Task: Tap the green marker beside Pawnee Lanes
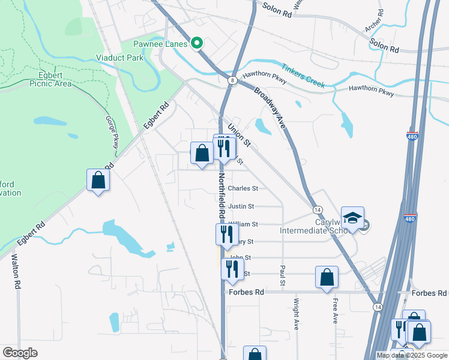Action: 196,43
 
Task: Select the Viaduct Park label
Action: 119,58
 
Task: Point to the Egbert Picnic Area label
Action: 50,80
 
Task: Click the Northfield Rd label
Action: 221,195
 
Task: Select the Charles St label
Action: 243,188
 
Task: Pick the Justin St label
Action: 241,206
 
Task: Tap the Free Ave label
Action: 336,314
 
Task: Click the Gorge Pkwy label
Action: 112,133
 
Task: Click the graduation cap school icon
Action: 353,217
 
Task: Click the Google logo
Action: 20,353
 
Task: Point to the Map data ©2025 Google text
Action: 412,355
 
